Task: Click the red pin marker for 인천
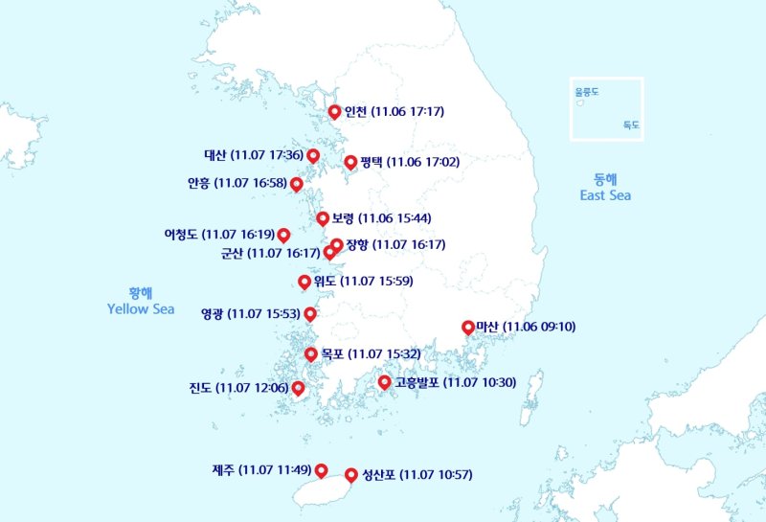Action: pos(334,111)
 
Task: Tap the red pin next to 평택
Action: pos(350,162)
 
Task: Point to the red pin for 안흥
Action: pos(297,183)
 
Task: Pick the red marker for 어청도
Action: pos(283,235)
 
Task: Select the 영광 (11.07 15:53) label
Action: pos(251,313)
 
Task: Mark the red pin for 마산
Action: pos(468,327)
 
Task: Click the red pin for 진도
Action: pos(298,387)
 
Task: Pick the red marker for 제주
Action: pos(321,469)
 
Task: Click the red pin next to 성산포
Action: pos(351,474)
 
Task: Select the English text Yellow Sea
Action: pos(141,309)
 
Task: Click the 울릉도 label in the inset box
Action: pos(586,93)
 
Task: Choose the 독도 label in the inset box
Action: pos(630,125)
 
